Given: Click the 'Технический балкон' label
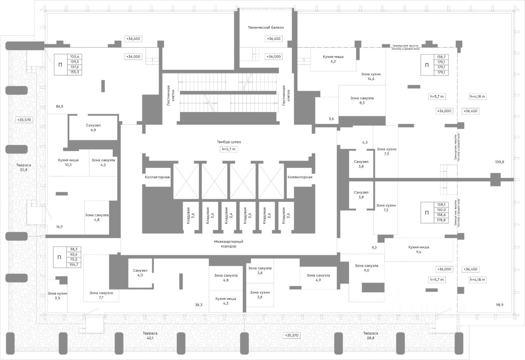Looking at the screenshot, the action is [266, 28].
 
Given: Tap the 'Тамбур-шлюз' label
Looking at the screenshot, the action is [229, 142].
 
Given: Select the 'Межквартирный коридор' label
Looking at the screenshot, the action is [228, 244].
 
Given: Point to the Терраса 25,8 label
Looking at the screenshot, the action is [24, 167].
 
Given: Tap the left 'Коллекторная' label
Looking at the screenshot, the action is [157, 177].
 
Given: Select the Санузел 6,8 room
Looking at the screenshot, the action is [94, 127].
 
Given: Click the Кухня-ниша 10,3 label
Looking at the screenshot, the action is [68, 163].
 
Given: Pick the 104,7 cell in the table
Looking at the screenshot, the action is [74, 264].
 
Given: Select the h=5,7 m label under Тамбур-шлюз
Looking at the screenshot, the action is [229, 149].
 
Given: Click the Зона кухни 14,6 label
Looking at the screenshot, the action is [371, 76].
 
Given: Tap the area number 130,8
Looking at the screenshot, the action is [500, 162].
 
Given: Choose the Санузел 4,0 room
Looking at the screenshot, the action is [140, 273].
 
